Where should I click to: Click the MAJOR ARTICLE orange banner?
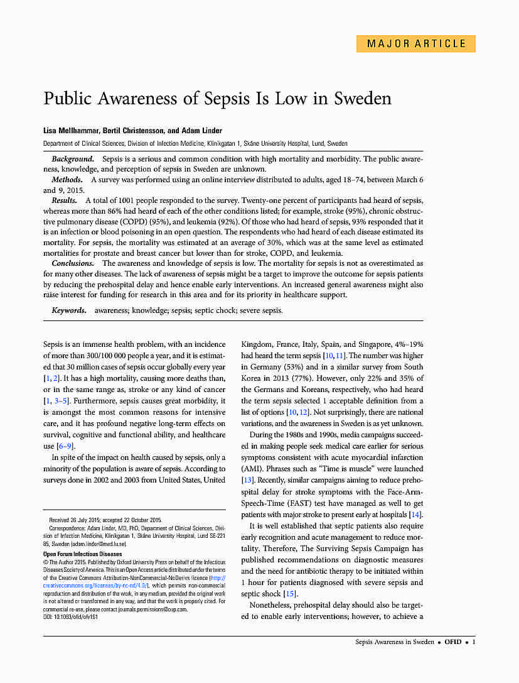click(416, 44)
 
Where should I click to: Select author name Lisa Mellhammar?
click(66, 130)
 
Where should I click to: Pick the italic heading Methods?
click(67, 180)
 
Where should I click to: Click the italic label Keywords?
click(69, 310)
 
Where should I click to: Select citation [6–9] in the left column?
click(66, 446)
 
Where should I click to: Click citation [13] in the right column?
click(248, 480)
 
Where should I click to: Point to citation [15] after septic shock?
click(290, 594)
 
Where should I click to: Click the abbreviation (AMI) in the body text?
click(252, 469)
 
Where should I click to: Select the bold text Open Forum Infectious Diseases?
click(82, 554)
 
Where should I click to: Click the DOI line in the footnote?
click(70, 616)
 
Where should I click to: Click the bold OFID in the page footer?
click(452, 642)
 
